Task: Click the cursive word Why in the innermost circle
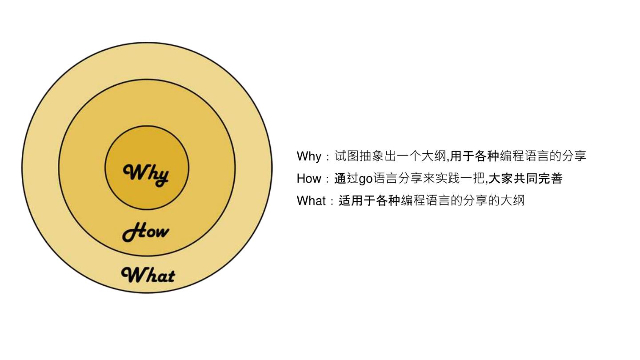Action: [x=146, y=174]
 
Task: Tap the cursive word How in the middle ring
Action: [x=145, y=232]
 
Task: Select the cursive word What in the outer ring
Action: [x=148, y=275]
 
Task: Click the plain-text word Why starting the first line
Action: [x=308, y=156]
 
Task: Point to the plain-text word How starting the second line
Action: [x=308, y=179]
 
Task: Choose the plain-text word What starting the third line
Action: [x=311, y=201]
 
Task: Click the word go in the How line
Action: [x=365, y=179]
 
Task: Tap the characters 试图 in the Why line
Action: [x=347, y=156]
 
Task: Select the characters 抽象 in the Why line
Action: [x=372, y=156]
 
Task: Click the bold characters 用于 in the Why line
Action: [x=462, y=156]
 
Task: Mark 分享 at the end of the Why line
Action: [x=574, y=156]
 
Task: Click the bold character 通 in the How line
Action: [x=340, y=179]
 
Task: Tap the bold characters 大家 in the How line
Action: [x=501, y=179]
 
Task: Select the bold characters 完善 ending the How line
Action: [x=551, y=179]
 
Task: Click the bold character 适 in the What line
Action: [x=345, y=201]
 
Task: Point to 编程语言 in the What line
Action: [x=426, y=201]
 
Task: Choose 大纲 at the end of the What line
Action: [x=513, y=201]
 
